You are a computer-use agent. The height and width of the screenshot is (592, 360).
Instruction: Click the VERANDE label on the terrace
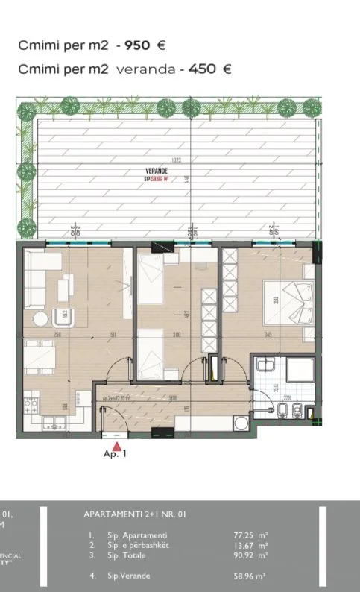157,171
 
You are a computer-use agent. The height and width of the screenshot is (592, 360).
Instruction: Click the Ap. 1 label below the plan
115,453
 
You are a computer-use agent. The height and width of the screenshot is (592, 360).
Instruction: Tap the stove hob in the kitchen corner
31,407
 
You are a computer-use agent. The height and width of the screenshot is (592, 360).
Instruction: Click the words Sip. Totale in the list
126,555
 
